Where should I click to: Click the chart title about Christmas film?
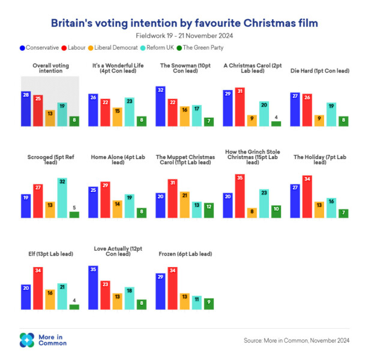[x=184, y=23]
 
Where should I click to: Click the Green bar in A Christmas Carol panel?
[x=276, y=124]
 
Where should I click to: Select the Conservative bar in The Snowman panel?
[x=160, y=106]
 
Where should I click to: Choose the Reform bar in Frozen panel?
[x=196, y=302]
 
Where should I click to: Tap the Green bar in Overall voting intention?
[x=74, y=121]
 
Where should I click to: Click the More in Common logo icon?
[x=27, y=340]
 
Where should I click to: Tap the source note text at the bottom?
[x=296, y=340]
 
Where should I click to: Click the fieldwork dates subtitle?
[x=184, y=37]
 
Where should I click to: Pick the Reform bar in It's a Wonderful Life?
[x=129, y=112]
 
